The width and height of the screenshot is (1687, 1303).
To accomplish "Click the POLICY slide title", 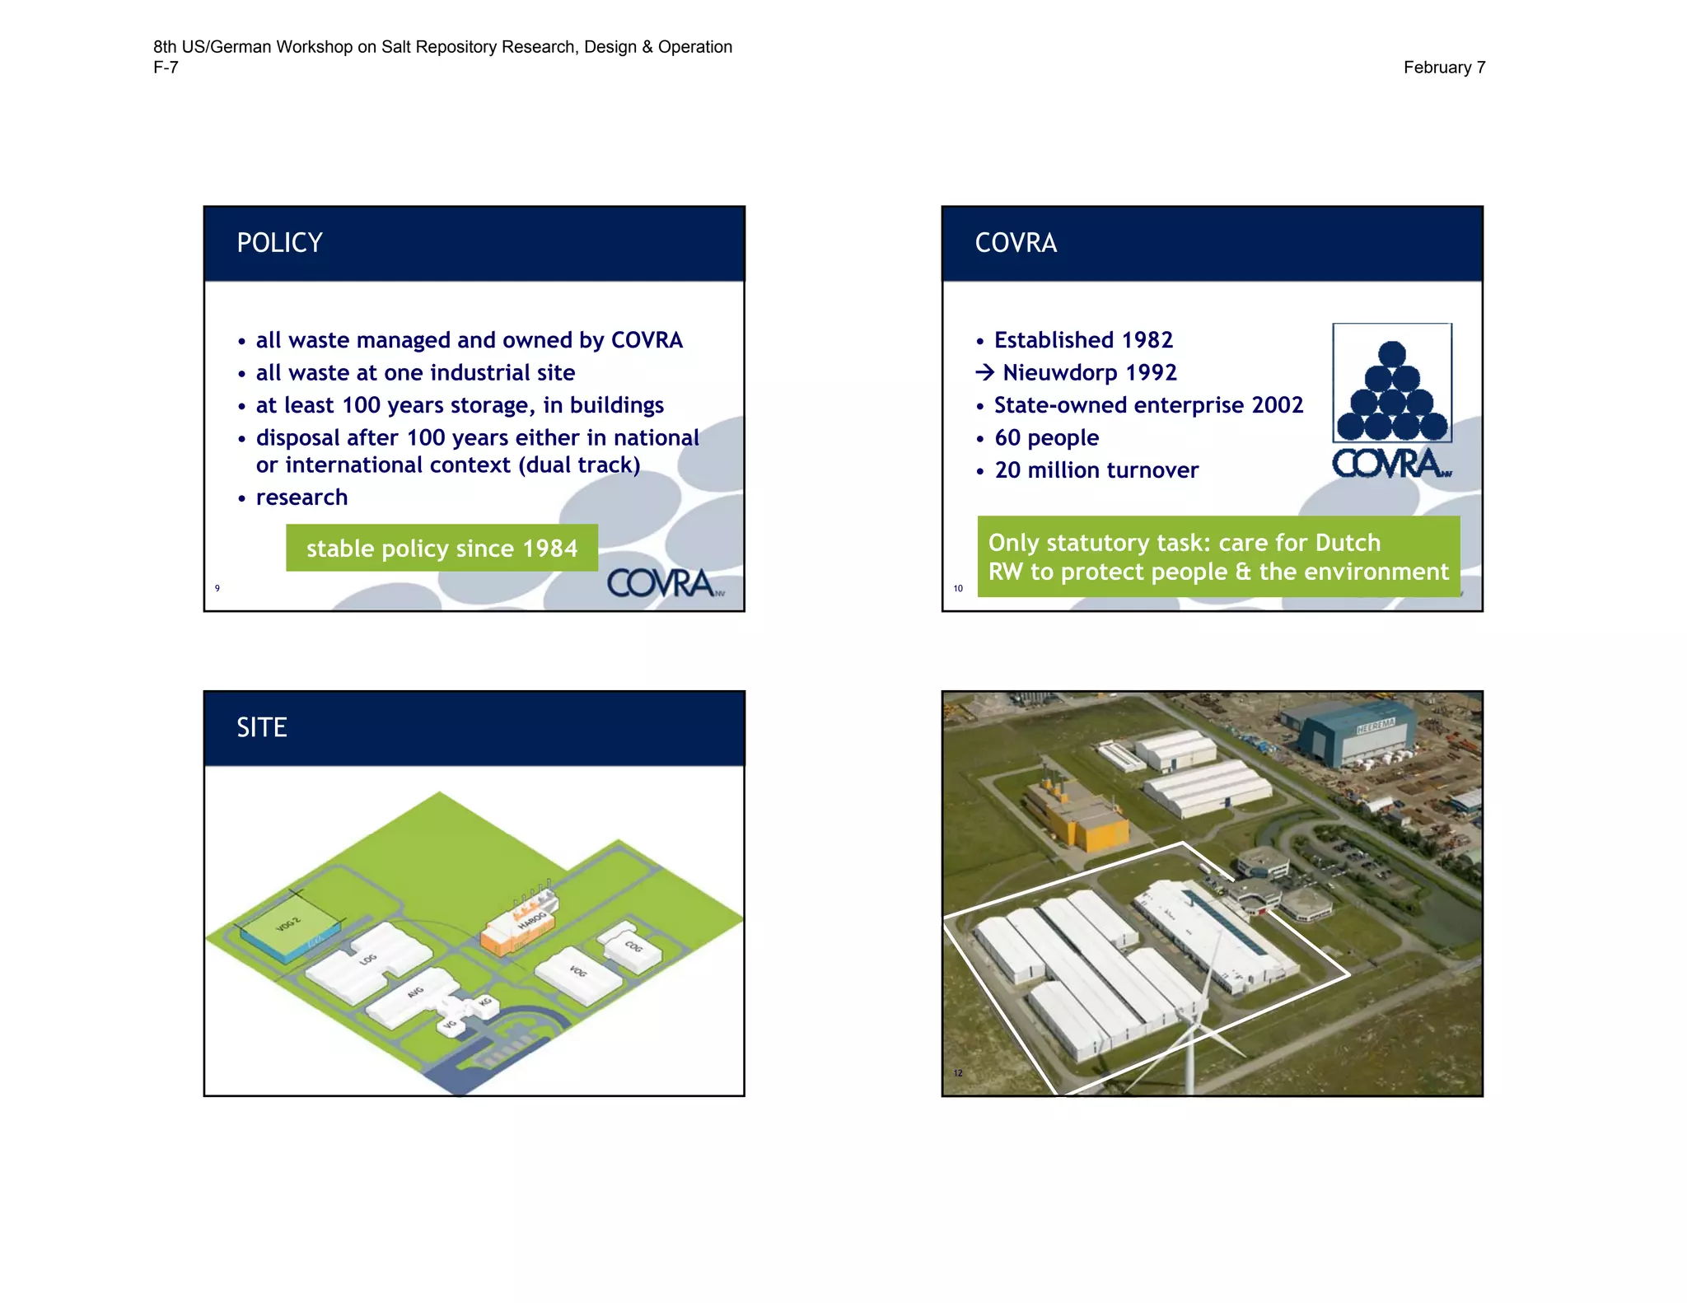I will tap(279, 243).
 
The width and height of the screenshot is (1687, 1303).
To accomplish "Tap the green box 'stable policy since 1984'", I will tap(442, 549).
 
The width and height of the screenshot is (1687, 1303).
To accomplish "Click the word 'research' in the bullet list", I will tap(301, 497).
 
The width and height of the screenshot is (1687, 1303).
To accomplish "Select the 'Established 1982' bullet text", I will tap(1083, 340).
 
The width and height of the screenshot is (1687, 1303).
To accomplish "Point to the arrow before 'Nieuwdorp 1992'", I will tap(984, 373).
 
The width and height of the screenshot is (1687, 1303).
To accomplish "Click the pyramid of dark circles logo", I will tap(1391, 392).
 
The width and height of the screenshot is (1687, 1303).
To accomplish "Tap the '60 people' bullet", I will tap(1046, 438).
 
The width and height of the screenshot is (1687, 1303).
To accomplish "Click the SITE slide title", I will tap(262, 727).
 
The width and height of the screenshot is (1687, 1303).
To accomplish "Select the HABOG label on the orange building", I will tap(532, 919).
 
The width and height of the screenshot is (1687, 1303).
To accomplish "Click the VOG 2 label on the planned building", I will tap(288, 924).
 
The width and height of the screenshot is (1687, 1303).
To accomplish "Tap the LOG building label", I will tap(367, 959).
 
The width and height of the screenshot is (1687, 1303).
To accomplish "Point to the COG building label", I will tap(633, 946).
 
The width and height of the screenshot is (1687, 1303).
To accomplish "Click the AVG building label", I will tap(415, 992).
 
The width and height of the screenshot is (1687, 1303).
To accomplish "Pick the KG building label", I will tap(485, 1002).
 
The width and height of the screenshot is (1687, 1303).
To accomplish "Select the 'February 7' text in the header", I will tap(1443, 68).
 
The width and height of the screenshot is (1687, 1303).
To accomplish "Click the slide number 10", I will tap(958, 588).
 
